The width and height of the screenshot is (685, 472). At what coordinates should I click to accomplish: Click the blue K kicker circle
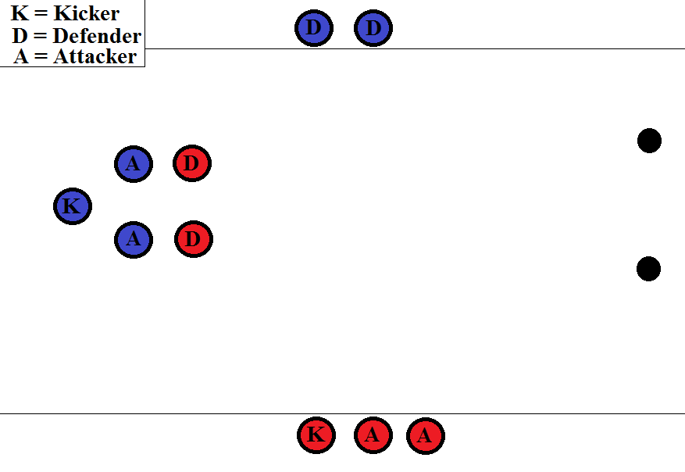73,207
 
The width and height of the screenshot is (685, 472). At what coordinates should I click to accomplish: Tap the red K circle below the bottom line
316,435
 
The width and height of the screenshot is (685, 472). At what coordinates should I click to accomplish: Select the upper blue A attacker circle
134,164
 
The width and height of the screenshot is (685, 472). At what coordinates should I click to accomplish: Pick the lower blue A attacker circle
134,239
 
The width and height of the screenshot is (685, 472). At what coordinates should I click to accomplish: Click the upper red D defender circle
192,164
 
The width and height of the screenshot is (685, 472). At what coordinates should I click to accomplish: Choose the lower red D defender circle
194,239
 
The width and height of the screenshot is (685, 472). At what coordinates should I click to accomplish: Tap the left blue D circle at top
314,28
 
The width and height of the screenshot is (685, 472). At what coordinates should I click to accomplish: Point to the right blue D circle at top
373,28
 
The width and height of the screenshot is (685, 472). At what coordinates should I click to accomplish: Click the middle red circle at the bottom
373,435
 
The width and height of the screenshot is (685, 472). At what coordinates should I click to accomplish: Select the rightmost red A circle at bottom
425,435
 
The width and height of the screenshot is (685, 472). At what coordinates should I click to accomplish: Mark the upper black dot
649,141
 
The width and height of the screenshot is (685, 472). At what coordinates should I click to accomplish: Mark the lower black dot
648,269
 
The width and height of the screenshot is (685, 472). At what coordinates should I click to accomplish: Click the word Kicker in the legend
86,14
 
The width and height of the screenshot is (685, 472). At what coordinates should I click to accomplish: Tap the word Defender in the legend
97,36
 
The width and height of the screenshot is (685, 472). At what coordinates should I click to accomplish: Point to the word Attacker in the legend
95,57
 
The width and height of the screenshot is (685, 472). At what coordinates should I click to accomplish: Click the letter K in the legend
19,14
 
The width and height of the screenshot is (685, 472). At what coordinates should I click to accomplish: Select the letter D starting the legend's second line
20,36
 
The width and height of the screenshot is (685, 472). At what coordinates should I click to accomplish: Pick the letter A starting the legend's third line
21,57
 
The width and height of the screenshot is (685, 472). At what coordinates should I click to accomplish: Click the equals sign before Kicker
40,15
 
